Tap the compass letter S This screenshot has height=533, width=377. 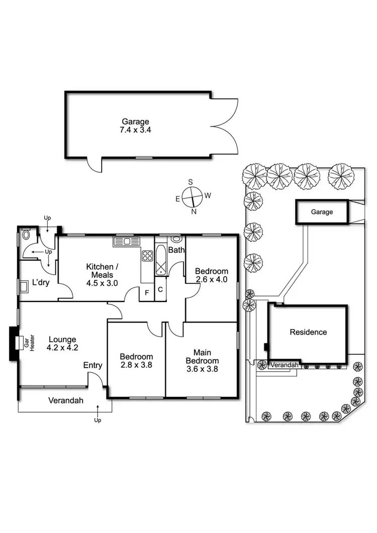pyautogui.click(x=191, y=182)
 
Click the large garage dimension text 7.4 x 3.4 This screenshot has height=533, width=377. pyautogui.click(x=136, y=129)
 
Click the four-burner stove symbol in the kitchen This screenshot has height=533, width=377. pyautogui.click(x=147, y=256)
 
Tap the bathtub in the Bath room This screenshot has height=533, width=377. pyautogui.click(x=161, y=260)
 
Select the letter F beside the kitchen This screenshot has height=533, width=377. pyautogui.click(x=147, y=292)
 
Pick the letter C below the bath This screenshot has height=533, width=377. pyautogui.click(x=160, y=289)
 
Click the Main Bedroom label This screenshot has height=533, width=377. pyautogui.click(x=202, y=356)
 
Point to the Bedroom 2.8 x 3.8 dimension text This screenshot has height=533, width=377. pyautogui.click(x=136, y=365)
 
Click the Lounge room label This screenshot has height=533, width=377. pyautogui.click(x=62, y=339)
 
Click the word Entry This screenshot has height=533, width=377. pyautogui.click(x=93, y=365)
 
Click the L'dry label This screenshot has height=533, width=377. pyautogui.click(x=41, y=283)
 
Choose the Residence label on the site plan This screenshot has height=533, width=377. pyautogui.click(x=308, y=332)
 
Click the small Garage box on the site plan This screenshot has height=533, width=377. pyautogui.click(x=322, y=212)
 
